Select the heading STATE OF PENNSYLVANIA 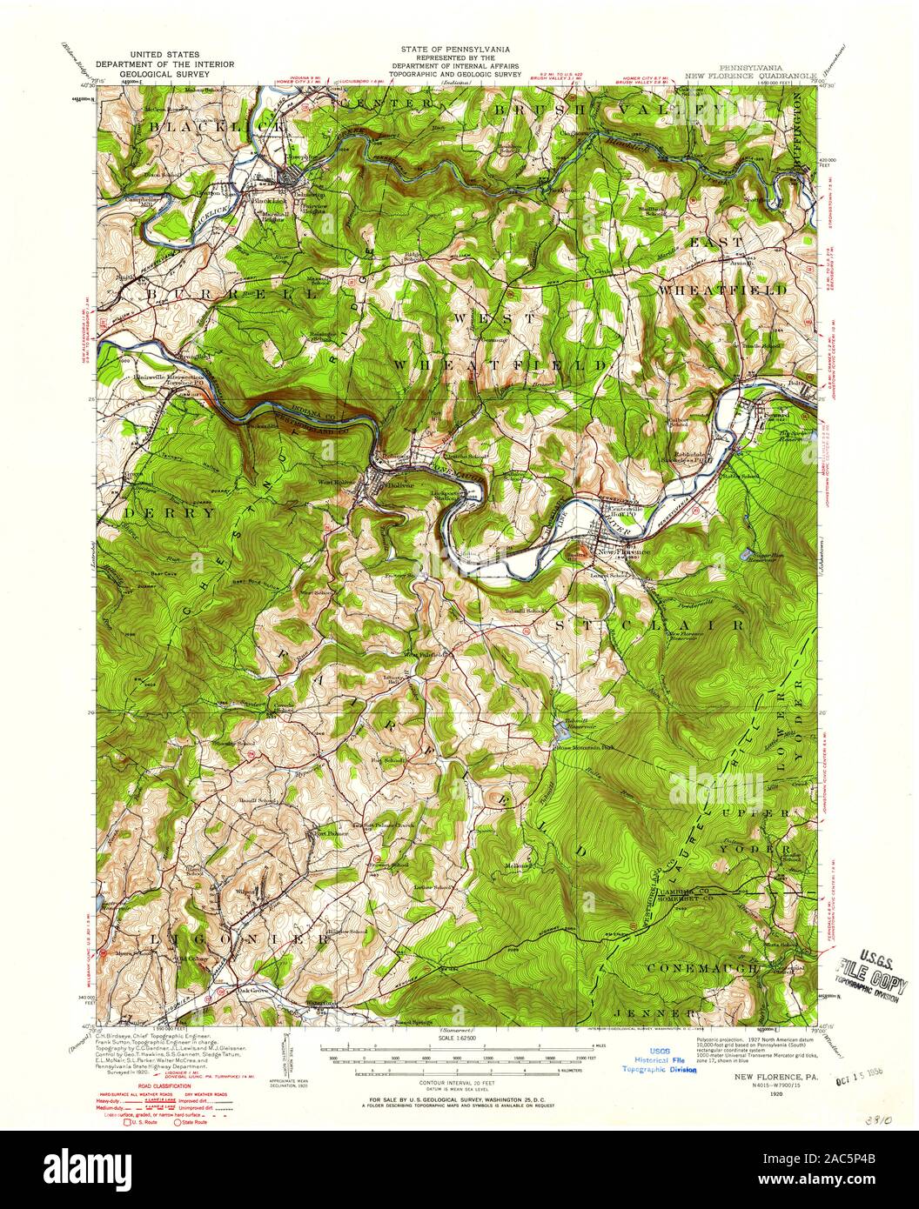tap(456, 49)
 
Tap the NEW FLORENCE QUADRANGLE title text tap(750, 76)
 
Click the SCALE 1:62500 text tap(458, 1037)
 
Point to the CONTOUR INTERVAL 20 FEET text tap(458, 1084)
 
